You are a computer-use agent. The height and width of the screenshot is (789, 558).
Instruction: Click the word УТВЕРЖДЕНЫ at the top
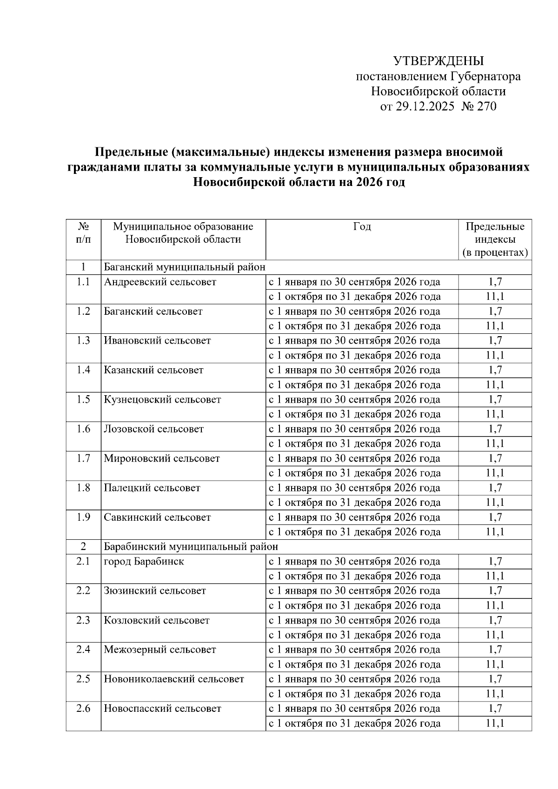[x=438, y=61]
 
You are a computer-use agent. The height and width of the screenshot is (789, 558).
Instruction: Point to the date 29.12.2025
[x=425, y=106]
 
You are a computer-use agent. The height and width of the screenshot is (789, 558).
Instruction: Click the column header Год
[x=362, y=226]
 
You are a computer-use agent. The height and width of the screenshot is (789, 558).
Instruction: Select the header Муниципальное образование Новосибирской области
[x=183, y=233]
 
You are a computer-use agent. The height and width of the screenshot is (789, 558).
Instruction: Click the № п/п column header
[x=83, y=233]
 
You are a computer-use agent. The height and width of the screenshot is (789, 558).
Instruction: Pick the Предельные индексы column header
[x=495, y=239]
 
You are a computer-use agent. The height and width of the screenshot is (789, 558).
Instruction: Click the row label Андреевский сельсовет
[x=160, y=282]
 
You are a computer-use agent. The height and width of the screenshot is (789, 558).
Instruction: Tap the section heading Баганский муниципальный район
[x=184, y=267]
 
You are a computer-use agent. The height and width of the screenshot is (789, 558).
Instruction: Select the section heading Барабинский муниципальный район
[x=191, y=546]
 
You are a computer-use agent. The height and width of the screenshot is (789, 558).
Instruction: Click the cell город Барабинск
[x=144, y=561]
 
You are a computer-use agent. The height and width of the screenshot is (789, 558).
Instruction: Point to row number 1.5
[x=83, y=399]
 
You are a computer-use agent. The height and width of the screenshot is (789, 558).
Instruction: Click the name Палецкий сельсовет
[x=152, y=488]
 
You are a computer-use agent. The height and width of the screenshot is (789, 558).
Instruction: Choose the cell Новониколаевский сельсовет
[x=174, y=679]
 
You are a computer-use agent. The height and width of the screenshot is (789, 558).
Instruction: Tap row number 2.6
[x=83, y=709]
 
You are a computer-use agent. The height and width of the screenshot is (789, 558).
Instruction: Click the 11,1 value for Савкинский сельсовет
[x=495, y=531]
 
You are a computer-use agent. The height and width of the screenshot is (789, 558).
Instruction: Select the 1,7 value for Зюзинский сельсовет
[x=495, y=590]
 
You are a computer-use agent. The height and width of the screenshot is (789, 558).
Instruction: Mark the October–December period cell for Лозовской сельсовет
[x=355, y=444]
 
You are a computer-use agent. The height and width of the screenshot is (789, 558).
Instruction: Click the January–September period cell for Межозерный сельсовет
[x=355, y=650]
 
